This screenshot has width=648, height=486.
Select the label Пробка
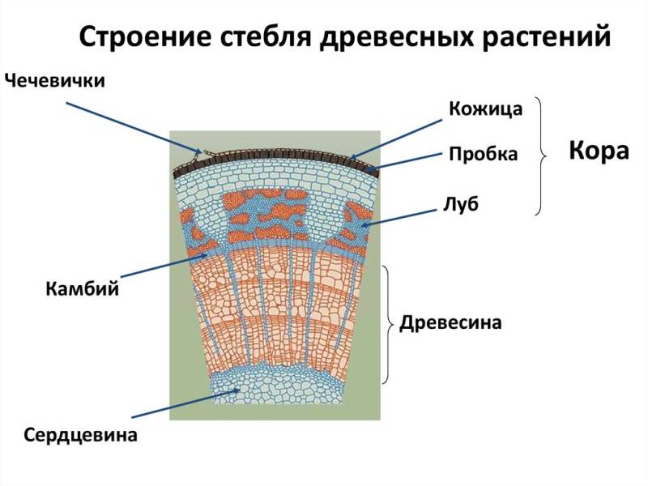coord(483,154)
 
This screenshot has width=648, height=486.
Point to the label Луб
coord(462,203)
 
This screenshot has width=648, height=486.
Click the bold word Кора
coord(599,151)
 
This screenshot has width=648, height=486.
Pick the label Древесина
coord(451,323)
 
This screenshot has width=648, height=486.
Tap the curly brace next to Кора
coord(541,156)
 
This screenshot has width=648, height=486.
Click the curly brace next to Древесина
coord(389,323)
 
